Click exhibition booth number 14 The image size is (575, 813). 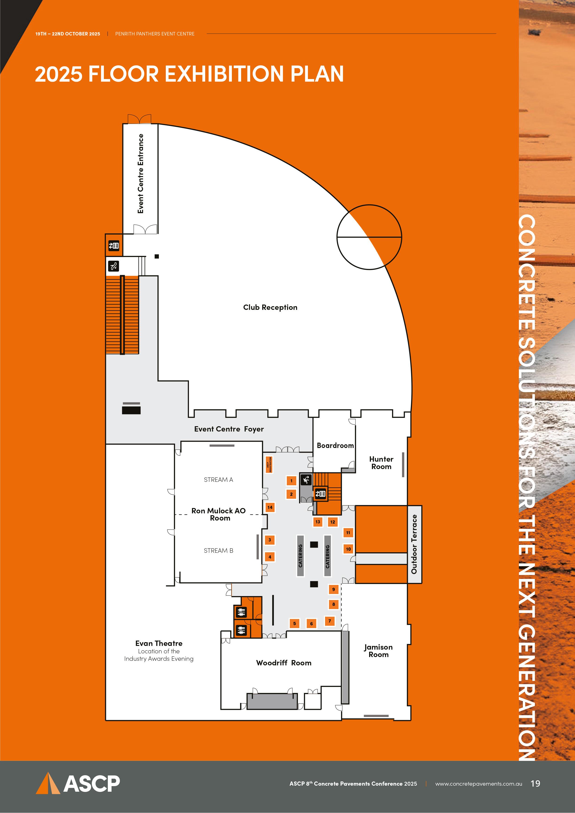[270, 507]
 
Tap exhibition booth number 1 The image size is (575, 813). [291, 480]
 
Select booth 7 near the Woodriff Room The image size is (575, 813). [329, 621]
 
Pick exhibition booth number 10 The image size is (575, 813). [348, 549]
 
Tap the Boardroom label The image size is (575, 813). [335, 445]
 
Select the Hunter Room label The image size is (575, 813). [381, 463]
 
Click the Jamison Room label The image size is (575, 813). [378, 651]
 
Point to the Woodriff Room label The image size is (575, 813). [284, 663]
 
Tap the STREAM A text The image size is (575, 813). [218, 480]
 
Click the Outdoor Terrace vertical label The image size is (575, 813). [414, 544]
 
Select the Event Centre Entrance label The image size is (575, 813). [141, 174]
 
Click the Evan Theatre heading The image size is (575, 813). [159, 643]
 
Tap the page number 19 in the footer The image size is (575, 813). [535, 784]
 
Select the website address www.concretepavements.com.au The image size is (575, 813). [479, 784]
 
